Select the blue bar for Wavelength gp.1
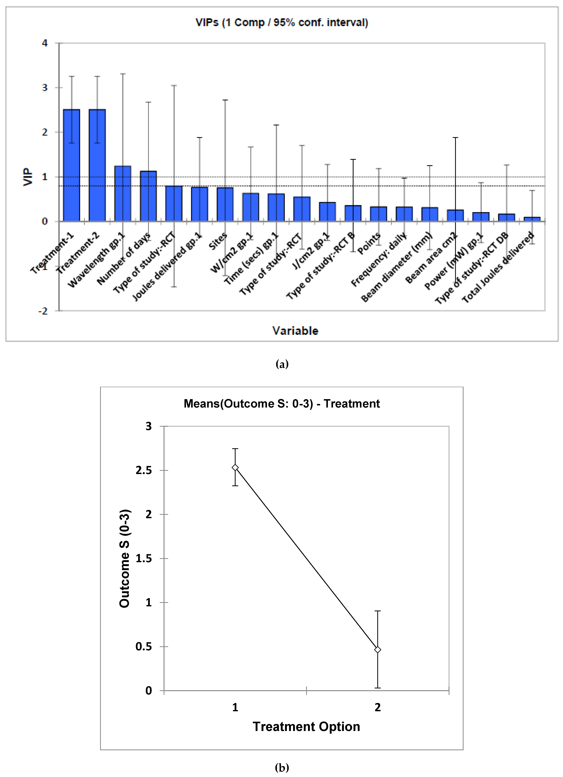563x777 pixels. point(123,194)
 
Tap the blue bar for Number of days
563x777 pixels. point(148,196)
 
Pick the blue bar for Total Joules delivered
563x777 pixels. point(532,219)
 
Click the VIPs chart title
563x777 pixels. point(282,23)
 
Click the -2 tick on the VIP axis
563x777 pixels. point(43,311)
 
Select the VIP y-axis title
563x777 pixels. point(28,177)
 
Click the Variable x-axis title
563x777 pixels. point(295,331)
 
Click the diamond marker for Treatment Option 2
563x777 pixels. point(377,650)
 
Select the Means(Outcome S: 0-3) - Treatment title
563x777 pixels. point(282,403)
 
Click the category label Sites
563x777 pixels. point(218,241)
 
